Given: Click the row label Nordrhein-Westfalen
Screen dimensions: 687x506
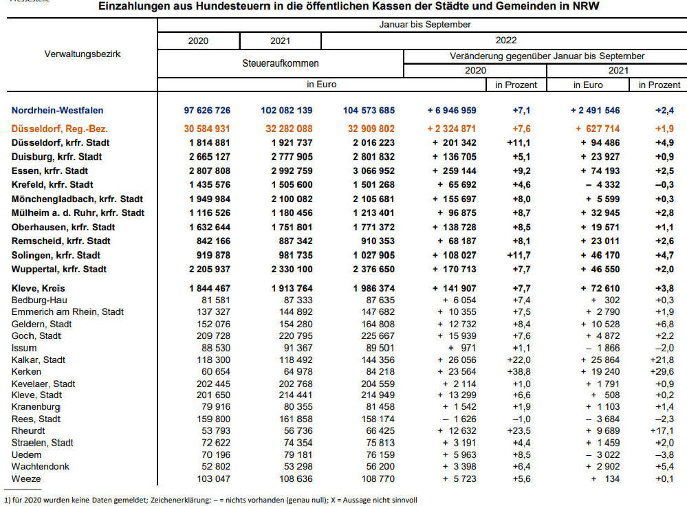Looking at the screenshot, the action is (57, 111).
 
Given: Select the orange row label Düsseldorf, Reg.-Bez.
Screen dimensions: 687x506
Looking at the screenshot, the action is (60, 129).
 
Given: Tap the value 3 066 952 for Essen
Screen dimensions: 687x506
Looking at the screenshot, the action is (373, 171).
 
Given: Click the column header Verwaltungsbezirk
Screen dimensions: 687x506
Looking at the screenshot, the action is (83, 54).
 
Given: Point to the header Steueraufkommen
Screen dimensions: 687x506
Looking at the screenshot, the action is (281, 63).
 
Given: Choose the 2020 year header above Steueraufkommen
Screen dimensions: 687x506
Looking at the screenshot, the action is (198, 41).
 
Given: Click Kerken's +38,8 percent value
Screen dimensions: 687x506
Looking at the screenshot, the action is (519, 371).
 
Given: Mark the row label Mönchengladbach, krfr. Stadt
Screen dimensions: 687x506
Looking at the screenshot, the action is (77, 199).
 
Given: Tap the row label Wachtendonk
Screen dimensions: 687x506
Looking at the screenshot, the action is (41, 467).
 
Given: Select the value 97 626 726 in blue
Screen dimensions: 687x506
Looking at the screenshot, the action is (207, 111).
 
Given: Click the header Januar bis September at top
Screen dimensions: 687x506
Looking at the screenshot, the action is (425, 25).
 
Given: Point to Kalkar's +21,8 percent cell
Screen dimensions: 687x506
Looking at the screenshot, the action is (662, 360).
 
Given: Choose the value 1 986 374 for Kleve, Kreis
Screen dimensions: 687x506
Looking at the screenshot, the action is (373, 288).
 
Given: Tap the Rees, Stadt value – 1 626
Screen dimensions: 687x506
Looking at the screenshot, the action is (459, 419).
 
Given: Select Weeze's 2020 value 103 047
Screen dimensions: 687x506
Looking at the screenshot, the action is (213, 478).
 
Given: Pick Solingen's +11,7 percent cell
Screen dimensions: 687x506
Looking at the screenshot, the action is (519, 256).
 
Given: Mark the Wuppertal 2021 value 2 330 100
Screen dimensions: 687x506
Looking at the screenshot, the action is (292, 269).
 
